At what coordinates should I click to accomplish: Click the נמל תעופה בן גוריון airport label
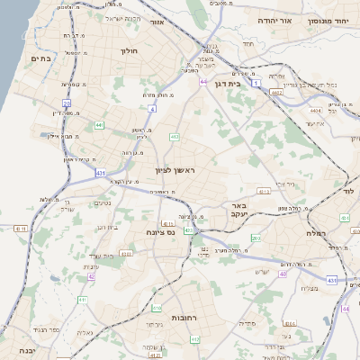(315, 85)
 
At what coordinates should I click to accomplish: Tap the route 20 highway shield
(67, 104)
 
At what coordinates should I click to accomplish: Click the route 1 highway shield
(256, 83)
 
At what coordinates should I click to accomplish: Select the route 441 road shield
(99, 124)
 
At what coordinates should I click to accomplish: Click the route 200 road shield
(256, 238)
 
